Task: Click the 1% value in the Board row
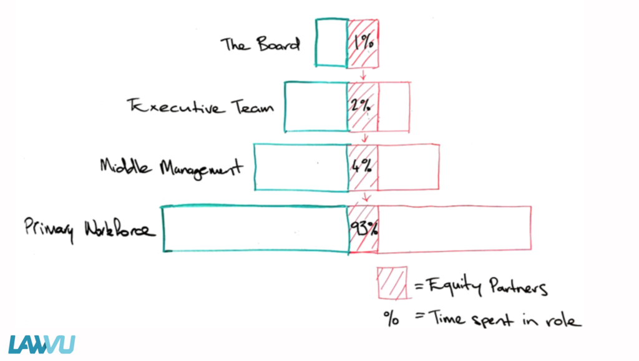(x=363, y=43)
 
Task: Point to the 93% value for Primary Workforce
(x=363, y=229)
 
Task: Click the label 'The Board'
(x=260, y=45)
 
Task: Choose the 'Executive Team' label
(x=200, y=106)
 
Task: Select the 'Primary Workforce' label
(x=88, y=229)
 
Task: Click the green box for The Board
(x=331, y=43)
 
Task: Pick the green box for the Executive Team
(x=316, y=106)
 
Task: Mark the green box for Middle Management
(x=301, y=167)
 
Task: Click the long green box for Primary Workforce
(x=255, y=229)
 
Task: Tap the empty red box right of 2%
(x=394, y=106)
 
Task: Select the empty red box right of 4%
(x=408, y=167)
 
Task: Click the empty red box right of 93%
(x=454, y=229)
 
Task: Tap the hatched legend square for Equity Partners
(x=391, y=283)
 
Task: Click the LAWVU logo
(x=42, y=344)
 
